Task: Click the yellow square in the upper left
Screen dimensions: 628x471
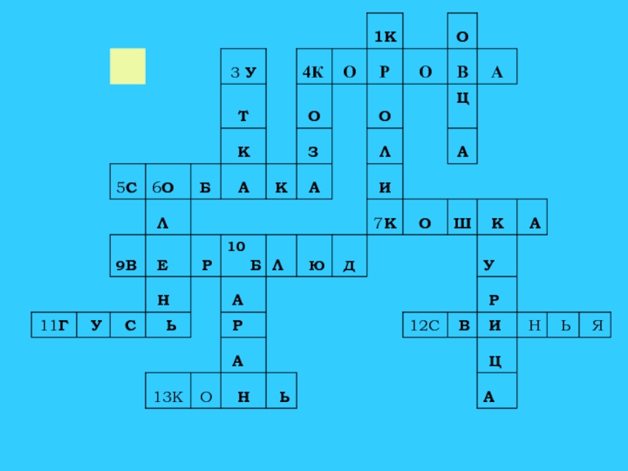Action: tap(127, 66)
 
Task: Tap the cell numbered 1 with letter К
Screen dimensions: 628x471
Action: tap(385, 37)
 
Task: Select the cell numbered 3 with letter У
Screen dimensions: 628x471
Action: tap(244, 73)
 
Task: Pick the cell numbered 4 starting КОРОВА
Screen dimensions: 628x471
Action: tap(313, 73)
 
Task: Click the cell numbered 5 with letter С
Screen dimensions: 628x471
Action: tap(127, 188)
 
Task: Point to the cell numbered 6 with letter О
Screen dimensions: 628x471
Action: tap(162, 188)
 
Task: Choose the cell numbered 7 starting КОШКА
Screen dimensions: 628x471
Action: tap(385, 224)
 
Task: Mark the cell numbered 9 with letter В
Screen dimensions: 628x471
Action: tap(127, 265)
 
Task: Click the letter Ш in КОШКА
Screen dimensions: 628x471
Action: tap(461, 224)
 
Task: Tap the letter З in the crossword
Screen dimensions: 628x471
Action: tap(313, 152)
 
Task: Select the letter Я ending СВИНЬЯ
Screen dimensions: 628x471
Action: tap(597, 324)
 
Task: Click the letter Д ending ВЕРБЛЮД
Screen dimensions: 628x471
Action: tap(348, 265)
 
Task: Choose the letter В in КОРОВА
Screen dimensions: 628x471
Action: tap(462, 73)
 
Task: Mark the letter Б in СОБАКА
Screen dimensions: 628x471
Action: tap(205, 188)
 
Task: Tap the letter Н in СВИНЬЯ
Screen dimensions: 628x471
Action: tap(533, 324)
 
